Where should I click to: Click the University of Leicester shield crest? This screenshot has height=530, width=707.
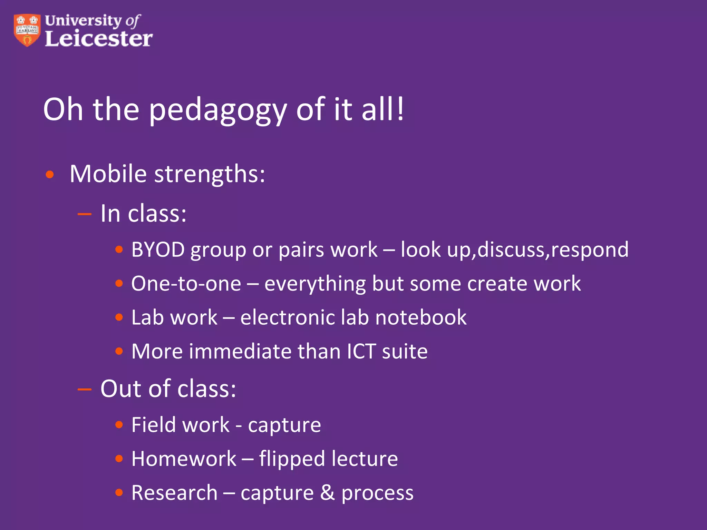(x=27, y=30)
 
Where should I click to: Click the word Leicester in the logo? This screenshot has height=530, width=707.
(x=99, y=39)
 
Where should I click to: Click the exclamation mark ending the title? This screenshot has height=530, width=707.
(x=400, y=109)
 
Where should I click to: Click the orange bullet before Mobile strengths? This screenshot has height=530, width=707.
(x=50, y=175)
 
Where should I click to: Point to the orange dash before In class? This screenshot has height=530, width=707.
(x=85, y=214)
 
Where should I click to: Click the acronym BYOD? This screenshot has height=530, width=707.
(x=158, y=249)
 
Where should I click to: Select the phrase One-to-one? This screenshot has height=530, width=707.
(x=186, y=284)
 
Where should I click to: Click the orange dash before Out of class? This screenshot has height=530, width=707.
(x=85, y=390)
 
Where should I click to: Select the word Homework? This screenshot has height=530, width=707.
(x=184, y=459)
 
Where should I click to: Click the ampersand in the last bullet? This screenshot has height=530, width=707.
(x=327, y=492)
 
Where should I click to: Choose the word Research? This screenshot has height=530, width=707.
(x=174, y=492)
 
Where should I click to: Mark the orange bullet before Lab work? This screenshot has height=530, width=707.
(x=119, y=317)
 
